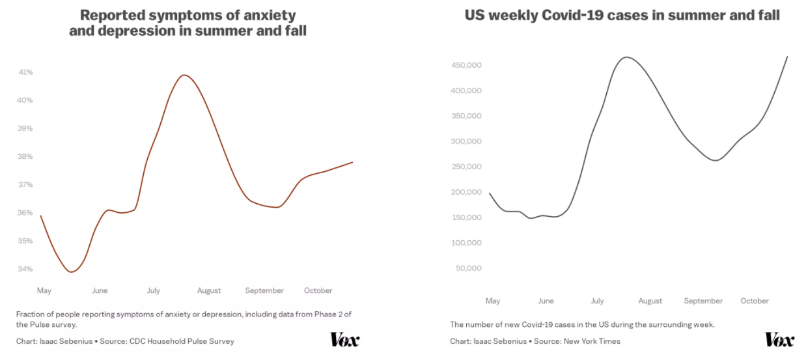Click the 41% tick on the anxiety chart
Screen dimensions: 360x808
25,72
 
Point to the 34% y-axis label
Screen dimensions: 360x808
25,269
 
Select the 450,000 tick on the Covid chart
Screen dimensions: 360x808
466,65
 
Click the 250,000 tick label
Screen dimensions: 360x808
466,167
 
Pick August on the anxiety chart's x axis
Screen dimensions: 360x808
209,290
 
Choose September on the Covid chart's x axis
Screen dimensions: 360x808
703,301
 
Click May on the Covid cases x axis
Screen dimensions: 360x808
493,301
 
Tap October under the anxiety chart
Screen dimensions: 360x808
318,290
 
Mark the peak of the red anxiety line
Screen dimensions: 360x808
185,75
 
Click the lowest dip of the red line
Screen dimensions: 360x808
71,272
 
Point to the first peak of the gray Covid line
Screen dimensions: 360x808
626,57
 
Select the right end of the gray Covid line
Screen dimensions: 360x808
787,57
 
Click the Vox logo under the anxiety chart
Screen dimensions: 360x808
344,339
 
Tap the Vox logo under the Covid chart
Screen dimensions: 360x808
779,339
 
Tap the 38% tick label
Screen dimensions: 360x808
25,156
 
